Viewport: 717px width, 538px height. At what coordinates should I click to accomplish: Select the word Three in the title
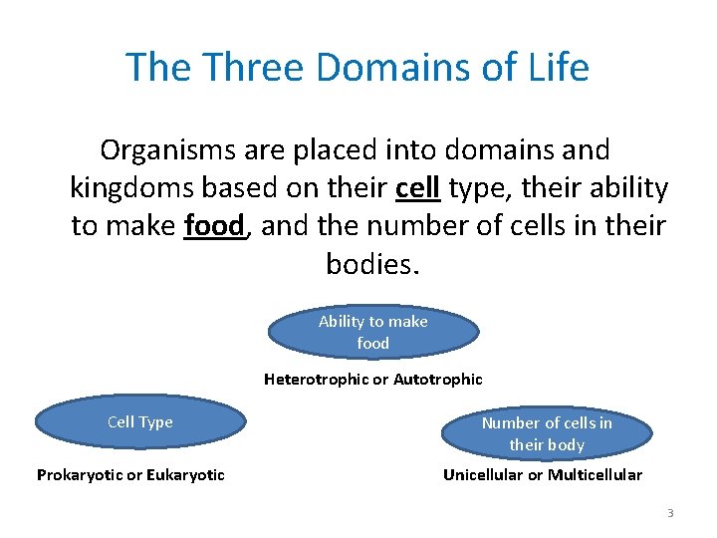pyautogui.click(x=251, y=68)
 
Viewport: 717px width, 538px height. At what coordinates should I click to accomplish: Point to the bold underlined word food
pyautogui.click(x=214, y=226)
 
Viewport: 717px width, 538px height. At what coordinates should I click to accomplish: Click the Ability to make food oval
pyautogui.click(x=373, y=332)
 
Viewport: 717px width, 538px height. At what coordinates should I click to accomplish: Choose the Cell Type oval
pyautogui.click(x=140, y=422)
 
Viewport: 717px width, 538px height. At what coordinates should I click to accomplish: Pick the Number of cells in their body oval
pyautogui.click(x=547, y=433)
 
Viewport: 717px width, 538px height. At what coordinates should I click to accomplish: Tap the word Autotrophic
pyautogui.click(x=438, y=380)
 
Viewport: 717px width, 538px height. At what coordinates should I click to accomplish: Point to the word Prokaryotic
pyautogui.click(x=83, y=475)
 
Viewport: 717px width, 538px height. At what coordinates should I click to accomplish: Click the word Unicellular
pyautogui.click(x=483, y=475)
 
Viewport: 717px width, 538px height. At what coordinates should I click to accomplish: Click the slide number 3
pyautogui.click(x=670, y=513)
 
